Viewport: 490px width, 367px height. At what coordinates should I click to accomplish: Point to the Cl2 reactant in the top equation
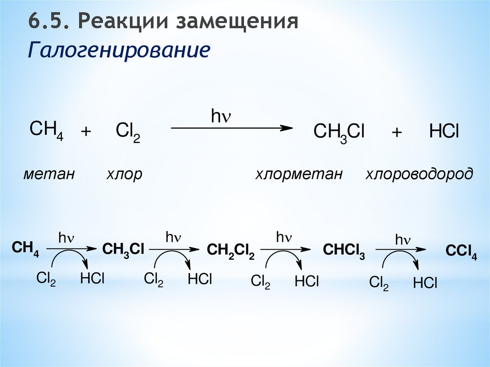point(128,132)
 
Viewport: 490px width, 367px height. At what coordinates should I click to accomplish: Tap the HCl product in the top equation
point(444,132)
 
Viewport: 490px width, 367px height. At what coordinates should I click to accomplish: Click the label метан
point(49,174)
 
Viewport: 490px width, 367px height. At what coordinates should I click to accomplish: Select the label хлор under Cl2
point(124,174)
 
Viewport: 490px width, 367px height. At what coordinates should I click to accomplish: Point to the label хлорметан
point(299,174)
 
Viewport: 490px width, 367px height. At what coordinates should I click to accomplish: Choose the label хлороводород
point(419,174)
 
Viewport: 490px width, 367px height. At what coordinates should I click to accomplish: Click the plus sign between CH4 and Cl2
point(86,132)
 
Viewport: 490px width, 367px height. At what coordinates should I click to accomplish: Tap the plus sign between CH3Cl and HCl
point(397,133)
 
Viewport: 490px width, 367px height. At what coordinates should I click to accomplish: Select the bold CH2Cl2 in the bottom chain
point(231,250)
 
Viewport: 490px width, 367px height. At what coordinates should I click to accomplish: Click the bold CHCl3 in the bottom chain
point(344,251)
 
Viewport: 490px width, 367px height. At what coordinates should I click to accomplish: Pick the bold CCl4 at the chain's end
point(461,252)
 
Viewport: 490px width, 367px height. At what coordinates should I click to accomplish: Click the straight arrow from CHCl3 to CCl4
point(401,249)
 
